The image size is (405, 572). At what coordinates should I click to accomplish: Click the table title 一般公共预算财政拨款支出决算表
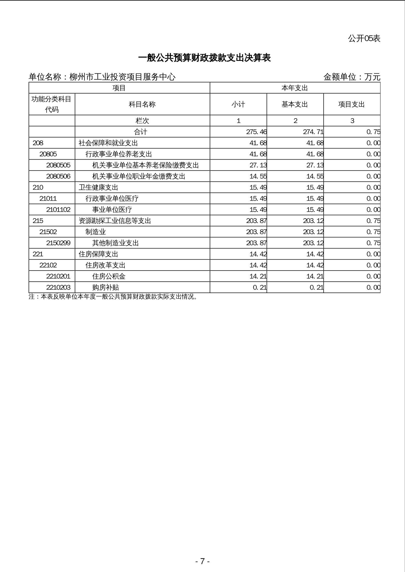coord(204,58)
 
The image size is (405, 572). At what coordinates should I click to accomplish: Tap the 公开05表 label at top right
coord(364,39)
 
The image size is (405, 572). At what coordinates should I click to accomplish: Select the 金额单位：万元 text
coord(352,77)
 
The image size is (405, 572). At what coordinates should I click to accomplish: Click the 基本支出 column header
coord(295,104)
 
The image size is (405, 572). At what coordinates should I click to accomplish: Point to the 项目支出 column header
coord(351,104)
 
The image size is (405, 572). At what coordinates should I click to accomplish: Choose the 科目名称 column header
coord(142,104)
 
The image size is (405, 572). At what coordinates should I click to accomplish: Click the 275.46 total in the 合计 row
coord(256,132)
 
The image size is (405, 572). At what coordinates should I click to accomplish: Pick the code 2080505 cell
coord(58,165)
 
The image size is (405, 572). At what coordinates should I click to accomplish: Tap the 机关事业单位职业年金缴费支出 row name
coord(139,176)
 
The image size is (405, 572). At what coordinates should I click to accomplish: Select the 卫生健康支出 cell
coord(98,188)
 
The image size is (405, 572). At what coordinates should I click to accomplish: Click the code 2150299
coord(58,243)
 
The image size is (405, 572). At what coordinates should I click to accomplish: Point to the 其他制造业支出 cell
coord(115,243)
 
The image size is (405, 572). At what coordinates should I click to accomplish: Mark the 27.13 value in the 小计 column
coord(258,165)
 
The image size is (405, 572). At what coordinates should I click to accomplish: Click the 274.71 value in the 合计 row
coord(313,132)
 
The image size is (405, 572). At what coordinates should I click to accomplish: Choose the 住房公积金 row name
coord(109,276)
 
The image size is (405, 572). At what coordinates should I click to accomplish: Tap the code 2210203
coord(58,288)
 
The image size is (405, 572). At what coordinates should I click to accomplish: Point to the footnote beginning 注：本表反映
coord(113,297)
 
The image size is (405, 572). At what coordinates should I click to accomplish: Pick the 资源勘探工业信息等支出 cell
coord(115,221)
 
